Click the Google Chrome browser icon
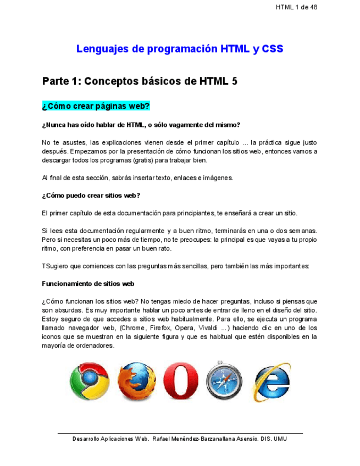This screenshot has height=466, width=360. pyautogui.click(x=90, y=381)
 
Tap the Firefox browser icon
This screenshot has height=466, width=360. pyautogui.click(x=134, y=381)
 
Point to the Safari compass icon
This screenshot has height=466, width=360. pyautogui.click(x=224, y=381)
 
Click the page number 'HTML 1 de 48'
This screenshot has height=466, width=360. pyautogui.click(x=297, y=7)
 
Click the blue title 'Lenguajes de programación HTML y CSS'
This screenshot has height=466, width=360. pyautogui.click(x=180, y=49)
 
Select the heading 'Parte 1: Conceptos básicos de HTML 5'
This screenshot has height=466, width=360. pyautogui.click(x=140, y=81)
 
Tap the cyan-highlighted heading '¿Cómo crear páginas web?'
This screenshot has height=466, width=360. pyautogui.click(x=96, y=106)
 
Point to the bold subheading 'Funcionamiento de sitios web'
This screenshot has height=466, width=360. pyautogui.click(x=88, y=284)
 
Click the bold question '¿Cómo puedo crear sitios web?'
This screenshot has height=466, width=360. pyautogui.click(x=91, y=195)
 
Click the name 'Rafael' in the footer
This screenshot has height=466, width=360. pyautogui.click(x=162, y=439)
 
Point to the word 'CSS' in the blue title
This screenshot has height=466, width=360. pyautogui.click(x=273, y=49)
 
